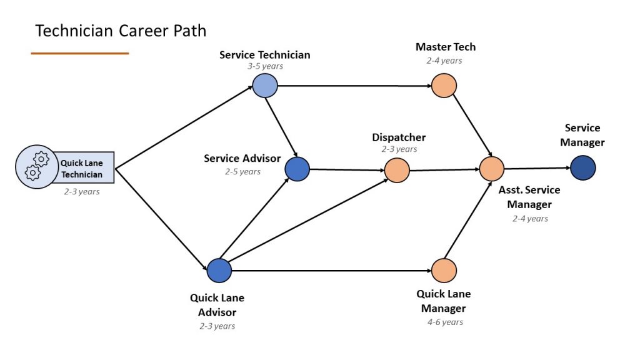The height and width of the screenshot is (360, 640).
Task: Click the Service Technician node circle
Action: (x=265, y=86)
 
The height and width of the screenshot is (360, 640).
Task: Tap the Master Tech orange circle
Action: (x=444, y=86)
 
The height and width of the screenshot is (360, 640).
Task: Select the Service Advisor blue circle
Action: (x=297, y=169)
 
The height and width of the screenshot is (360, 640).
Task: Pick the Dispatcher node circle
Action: (x=397, y=169)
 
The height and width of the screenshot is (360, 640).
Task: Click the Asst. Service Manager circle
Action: (x=492, y=169)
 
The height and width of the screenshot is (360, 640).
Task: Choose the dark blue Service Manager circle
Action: (x=583, y=167)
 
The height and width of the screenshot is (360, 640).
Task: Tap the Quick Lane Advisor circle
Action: (x=219, y=270)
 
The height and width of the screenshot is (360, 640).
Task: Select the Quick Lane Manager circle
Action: (x=444, y=271)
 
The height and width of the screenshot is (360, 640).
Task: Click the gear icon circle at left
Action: (x=36, y=166)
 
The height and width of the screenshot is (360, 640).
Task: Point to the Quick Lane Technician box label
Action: (x=82, y=169)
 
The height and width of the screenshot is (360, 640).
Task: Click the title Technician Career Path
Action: (x=121, y=31)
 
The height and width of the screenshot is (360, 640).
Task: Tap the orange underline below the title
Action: (x=80, y=54)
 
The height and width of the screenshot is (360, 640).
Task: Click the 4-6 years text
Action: (x=445, y=322)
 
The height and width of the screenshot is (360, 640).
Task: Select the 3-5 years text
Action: (x=265, y=66)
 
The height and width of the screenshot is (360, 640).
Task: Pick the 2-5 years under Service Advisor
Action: (x=243, y=171)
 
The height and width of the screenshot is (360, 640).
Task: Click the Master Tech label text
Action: (x=446, y=47)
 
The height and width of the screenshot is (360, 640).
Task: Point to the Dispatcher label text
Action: (x=399, y=137)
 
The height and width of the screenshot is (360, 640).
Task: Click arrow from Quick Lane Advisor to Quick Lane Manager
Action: (x=331, y=271)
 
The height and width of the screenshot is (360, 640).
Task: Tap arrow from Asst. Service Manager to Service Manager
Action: (x=537, y=168)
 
